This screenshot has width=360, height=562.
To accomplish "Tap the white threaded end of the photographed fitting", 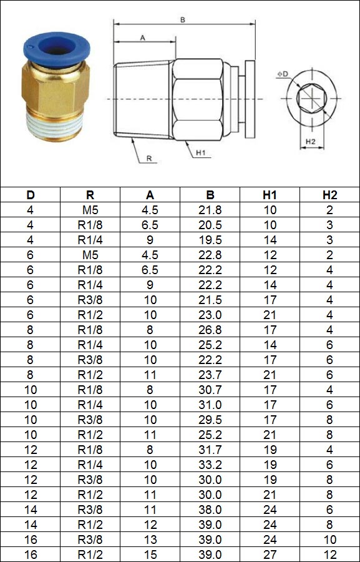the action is [x=56, y=128].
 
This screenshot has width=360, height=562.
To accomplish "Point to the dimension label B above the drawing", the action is [x=182, y=21].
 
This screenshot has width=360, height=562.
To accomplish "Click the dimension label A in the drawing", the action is [x=142, y=37].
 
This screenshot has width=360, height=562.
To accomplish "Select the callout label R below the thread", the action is [x=149, y=158].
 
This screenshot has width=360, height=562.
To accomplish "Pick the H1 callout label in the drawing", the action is [x=200, y=153].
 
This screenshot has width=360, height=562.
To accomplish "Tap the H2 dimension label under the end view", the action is [x=310, y=142].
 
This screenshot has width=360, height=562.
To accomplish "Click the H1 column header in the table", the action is [x=270, y=195].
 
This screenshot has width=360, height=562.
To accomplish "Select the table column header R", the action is [x=90, y=195].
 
